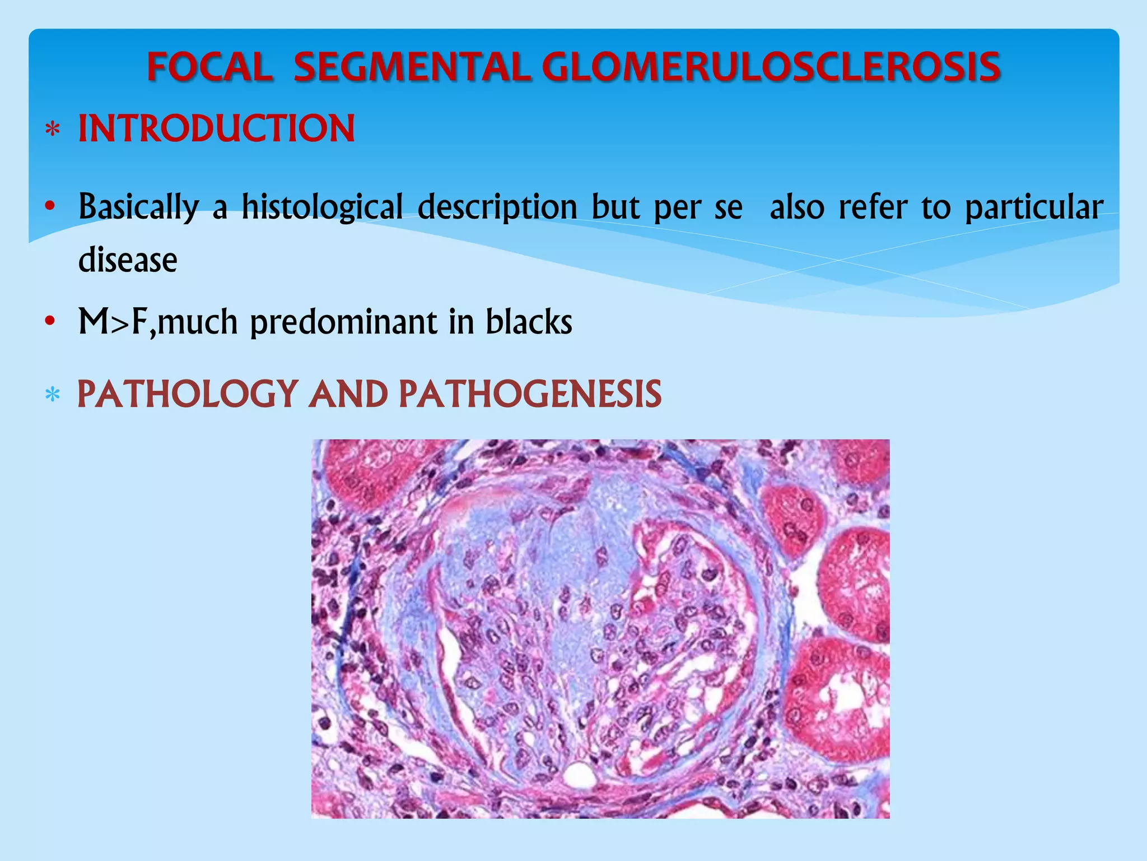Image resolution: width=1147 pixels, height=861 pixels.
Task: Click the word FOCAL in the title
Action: tap(210, 67)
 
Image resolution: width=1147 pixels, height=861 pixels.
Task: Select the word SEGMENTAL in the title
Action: tap(412, 67)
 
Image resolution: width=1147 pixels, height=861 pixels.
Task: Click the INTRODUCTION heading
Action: tap(216, 128)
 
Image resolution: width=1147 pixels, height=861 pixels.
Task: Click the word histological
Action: tap(322, 207)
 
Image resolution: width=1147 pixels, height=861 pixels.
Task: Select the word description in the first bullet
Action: tap(497, 207)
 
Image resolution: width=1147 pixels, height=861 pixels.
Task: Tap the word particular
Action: tap(1034, 207)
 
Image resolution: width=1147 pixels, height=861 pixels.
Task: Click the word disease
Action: tap(128, 260)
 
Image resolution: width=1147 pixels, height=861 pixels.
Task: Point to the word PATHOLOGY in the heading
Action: tap(188, 394)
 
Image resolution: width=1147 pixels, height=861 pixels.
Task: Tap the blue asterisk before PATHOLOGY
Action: tap(53, 396)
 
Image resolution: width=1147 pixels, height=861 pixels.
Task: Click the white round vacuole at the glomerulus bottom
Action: tap(579, 775)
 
